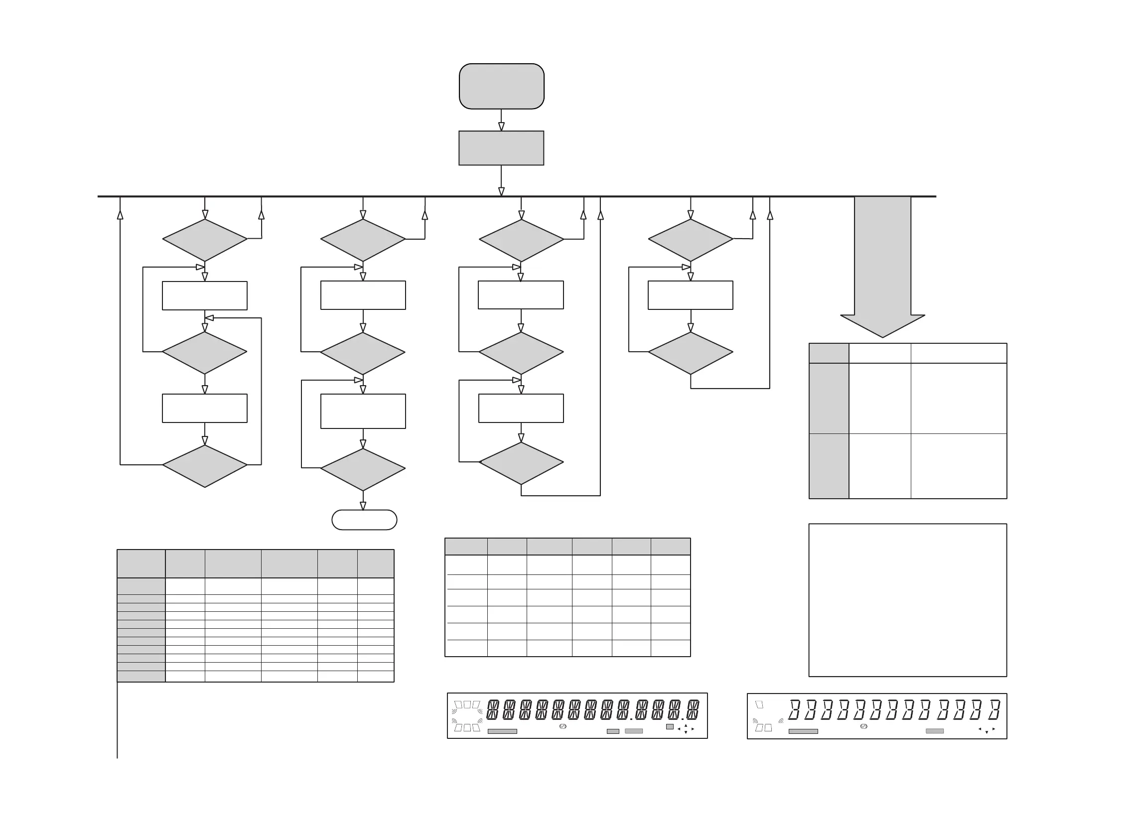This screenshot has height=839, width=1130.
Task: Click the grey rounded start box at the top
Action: pyautogui.click(x=501, y=86)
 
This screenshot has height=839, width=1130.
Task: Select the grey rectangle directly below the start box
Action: pyautogui.click(x=501, y=148)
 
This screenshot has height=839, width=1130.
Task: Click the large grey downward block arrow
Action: pyautogui.click(x=883, y=264)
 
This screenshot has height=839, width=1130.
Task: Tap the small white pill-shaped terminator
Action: pyautogui.click(x=364, y=520)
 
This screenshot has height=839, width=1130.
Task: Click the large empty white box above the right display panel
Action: pyautogui.click(x=908, y=600)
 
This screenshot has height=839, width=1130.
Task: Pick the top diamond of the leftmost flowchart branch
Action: pyautogui.click(x=205, y=240)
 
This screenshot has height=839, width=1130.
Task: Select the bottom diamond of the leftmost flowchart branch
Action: pyautogui.click(x=205, y=466)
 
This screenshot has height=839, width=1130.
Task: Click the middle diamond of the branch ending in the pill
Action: pyautogui.click(x=363, y=353)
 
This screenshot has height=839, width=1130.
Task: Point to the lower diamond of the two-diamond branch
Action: pyautogui.click(x=690, y=353)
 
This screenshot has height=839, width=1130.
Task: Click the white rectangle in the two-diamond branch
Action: pyautogui.click(x=690, y=295)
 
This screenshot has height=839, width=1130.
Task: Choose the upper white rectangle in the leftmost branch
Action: pyautogui.click(x=205, y=295)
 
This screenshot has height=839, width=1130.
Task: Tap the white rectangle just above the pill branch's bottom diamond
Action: pyautogui.click(x=363, y=411)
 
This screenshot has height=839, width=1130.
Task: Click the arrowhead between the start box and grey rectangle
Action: pyautogui.click(x=501, y=127)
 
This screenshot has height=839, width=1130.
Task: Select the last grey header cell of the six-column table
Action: pyautogui.click(x=671, y=547)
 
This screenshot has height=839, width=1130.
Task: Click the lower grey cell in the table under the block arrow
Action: pyautogui.click(x=829, y=466)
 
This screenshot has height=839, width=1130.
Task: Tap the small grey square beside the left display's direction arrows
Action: pyautogui.click(x=670, y=727)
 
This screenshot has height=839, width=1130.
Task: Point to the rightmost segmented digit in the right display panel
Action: pyautogui.click(x=994, y=710)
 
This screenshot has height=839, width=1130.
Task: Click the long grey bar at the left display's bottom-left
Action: pyautogui.click(x=502, y=731)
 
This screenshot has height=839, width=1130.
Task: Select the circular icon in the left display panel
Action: pyautogui.click(x=562, y=727)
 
